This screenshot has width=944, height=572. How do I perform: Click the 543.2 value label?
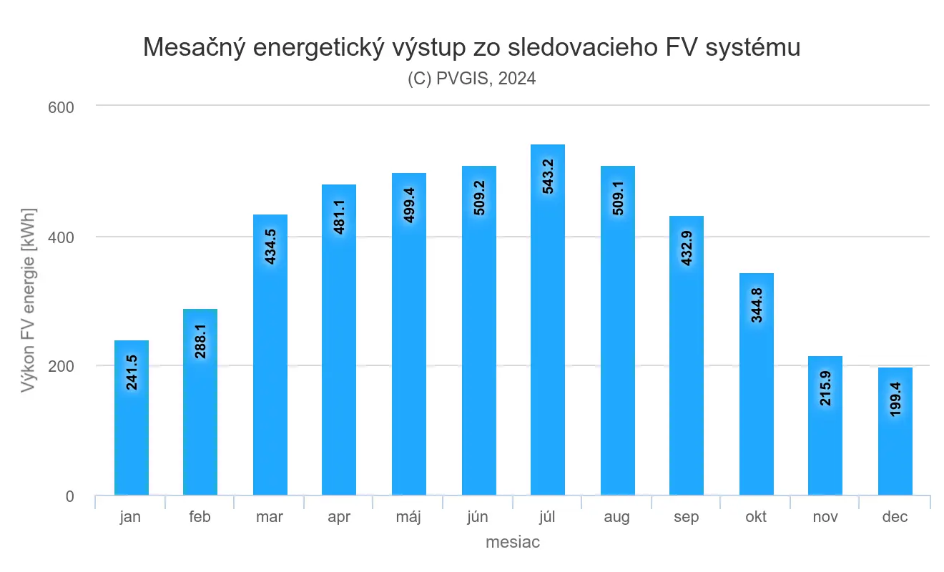click(x=548, y=172)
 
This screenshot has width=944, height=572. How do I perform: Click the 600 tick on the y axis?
click(x=62, y=107)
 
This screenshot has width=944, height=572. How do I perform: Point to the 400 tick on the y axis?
click(x=62, y=237)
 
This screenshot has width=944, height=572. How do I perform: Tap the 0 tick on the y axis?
click(x=69, y=496)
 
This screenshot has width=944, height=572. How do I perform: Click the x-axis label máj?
click(x=408, y=517)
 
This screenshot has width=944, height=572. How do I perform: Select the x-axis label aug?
click(x=617, y=517)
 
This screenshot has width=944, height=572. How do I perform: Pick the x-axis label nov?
click(x=825, y=517)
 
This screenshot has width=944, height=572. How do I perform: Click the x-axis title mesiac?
click(x=512, y=543)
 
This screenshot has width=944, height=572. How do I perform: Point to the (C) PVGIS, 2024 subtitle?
click(x=472, y=79)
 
